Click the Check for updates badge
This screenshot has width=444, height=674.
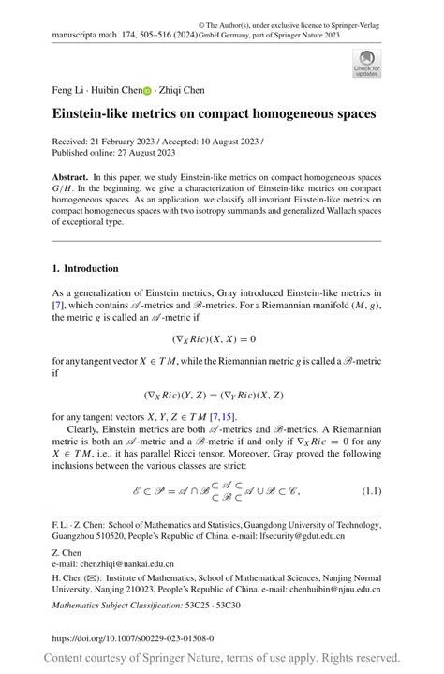(366, 63)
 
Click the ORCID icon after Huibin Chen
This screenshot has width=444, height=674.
(146, 91)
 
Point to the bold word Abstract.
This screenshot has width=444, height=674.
(71, 177)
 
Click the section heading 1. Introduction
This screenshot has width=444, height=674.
(85, 268)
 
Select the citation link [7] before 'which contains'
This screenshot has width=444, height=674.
(58, 306)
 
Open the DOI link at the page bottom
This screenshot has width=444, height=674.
(132, 638)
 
